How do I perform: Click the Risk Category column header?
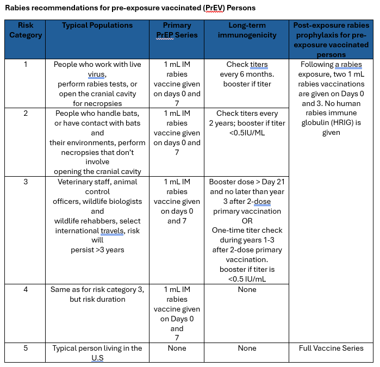(26, 30)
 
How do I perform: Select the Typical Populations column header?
(97, 26)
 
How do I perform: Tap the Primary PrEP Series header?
(177, 30)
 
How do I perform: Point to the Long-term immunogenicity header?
(247, 30)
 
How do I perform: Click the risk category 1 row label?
(26, 64)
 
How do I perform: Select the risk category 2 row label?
(26, 113)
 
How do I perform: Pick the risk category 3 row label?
(26, 182)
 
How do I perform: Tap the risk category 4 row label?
(26, 289)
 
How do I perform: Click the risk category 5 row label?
(26, 348)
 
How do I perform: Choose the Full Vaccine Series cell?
(331, 348)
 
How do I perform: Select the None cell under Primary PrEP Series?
(177, 348)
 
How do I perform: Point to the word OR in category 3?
(247, 221)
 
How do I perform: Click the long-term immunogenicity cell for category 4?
(247, 289)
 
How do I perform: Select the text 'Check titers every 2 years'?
(247, 118)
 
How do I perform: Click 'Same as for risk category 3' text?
(97, 289)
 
